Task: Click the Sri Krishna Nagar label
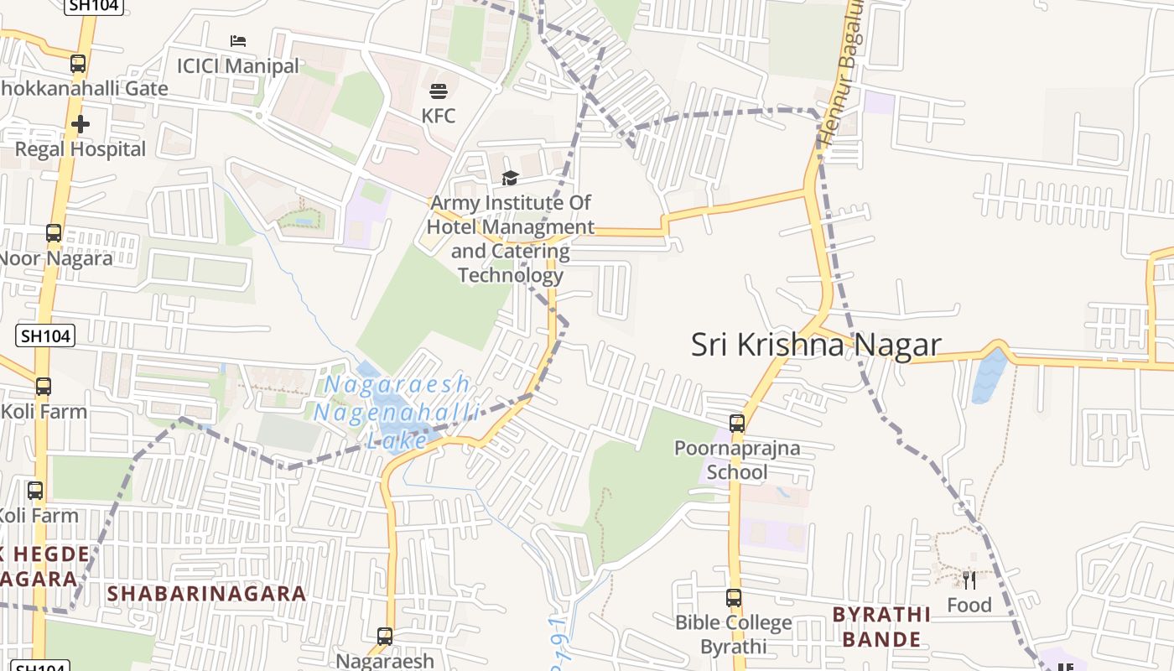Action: pyautogui.click(x=815, y=345)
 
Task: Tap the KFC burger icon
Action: pyautogui.click(x=439, y=91)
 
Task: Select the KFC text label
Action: pyautogui.click(x=439, y=116)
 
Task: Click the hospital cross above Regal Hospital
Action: pyautogui.click(x=81, y=125)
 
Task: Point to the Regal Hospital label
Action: pyautogui.click(x=81, y=149)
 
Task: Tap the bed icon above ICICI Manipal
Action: pyautogui.click(x=238, y=41)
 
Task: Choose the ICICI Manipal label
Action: pyautogui.click(x=237, y=65)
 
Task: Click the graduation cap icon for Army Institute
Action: pyautogui.click(x=510, y=178)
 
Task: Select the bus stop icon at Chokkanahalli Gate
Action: pyautogui.click(x=78, y=63)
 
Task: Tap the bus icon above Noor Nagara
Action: pyautogui.click(x=54, y=233)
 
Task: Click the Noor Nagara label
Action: pyautogui.click(x=55, y=257)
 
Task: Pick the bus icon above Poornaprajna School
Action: pyautogui.click(x=737, y=424)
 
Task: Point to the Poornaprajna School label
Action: pyautogui.click(x=737, y=460)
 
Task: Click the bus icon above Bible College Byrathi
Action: pyautogui.click(x=734, y=598)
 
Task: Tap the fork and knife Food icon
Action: pyautogui.click(x=969, y=580)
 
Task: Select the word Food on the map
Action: pyautogui.click(x=969, y=605)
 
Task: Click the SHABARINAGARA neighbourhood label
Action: pyautogui.click(x=206, y=594)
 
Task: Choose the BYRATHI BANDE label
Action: pyautogui.click(x=880, y=627)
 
